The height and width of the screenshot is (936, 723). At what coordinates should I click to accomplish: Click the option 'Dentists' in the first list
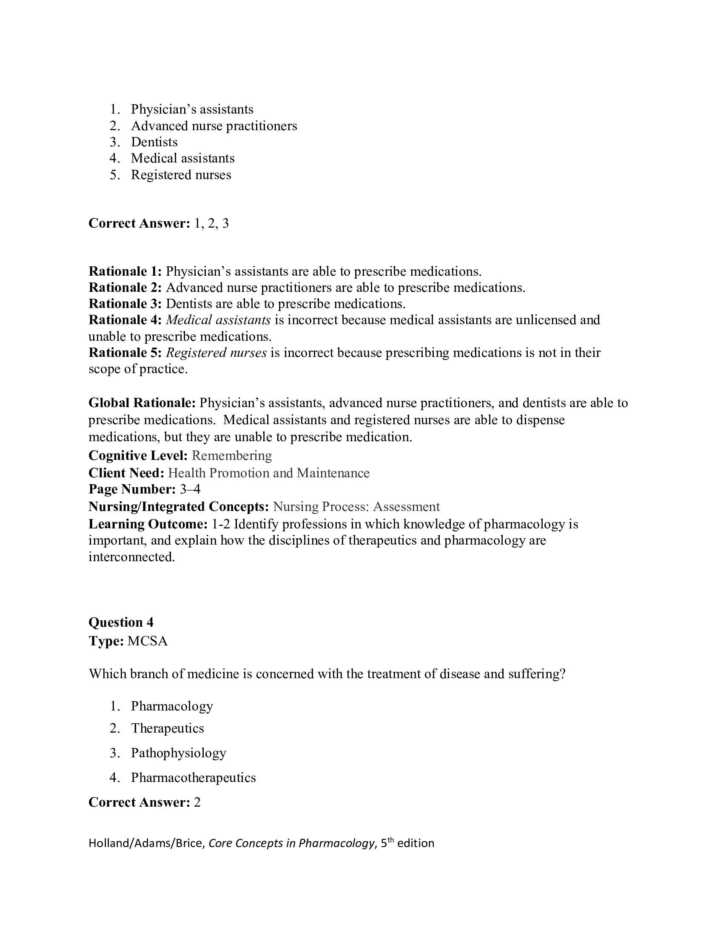(154, 142)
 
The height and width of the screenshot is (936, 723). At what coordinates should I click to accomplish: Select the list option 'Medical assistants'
(182, 158)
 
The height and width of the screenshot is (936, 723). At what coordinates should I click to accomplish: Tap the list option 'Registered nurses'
(181, 175)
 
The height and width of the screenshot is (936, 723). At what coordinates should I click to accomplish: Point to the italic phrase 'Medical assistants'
(218, 320)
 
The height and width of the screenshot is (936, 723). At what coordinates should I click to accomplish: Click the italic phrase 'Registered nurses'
(216, 353)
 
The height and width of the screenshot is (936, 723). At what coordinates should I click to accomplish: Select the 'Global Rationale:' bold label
(142, 403)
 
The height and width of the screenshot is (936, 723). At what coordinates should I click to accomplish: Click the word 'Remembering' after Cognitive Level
(232, 456)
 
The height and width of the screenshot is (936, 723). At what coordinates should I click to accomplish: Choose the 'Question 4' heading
(121, 622)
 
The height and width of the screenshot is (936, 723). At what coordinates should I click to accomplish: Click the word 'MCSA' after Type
(148, 641)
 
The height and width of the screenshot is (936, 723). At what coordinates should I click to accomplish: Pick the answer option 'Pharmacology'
(172, 706)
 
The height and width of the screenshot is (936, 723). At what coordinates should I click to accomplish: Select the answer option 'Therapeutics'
(168, 728)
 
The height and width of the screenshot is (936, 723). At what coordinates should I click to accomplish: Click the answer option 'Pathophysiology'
(178, 753)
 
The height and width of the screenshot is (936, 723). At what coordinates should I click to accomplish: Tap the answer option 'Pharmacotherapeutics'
(193, 777)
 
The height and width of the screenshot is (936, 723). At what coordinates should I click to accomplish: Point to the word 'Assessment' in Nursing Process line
(406, 507)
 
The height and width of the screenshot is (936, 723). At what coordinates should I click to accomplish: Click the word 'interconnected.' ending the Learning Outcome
(132, 557)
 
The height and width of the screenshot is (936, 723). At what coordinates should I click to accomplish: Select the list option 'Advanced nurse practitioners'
(214, 126)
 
